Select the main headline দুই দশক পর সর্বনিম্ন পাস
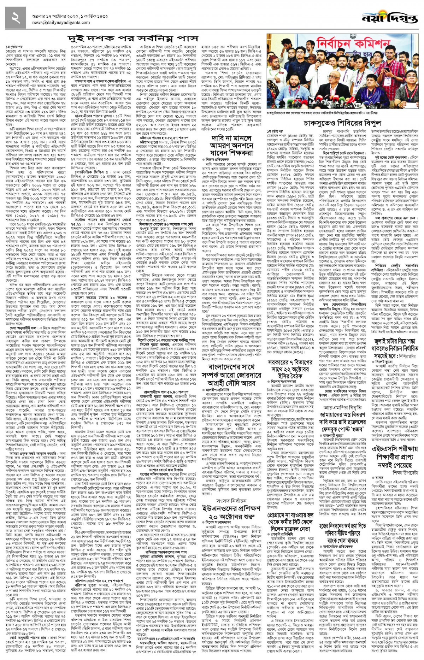pos(133,38)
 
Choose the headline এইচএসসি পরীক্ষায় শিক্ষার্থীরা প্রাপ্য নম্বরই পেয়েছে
pos(395,459)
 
